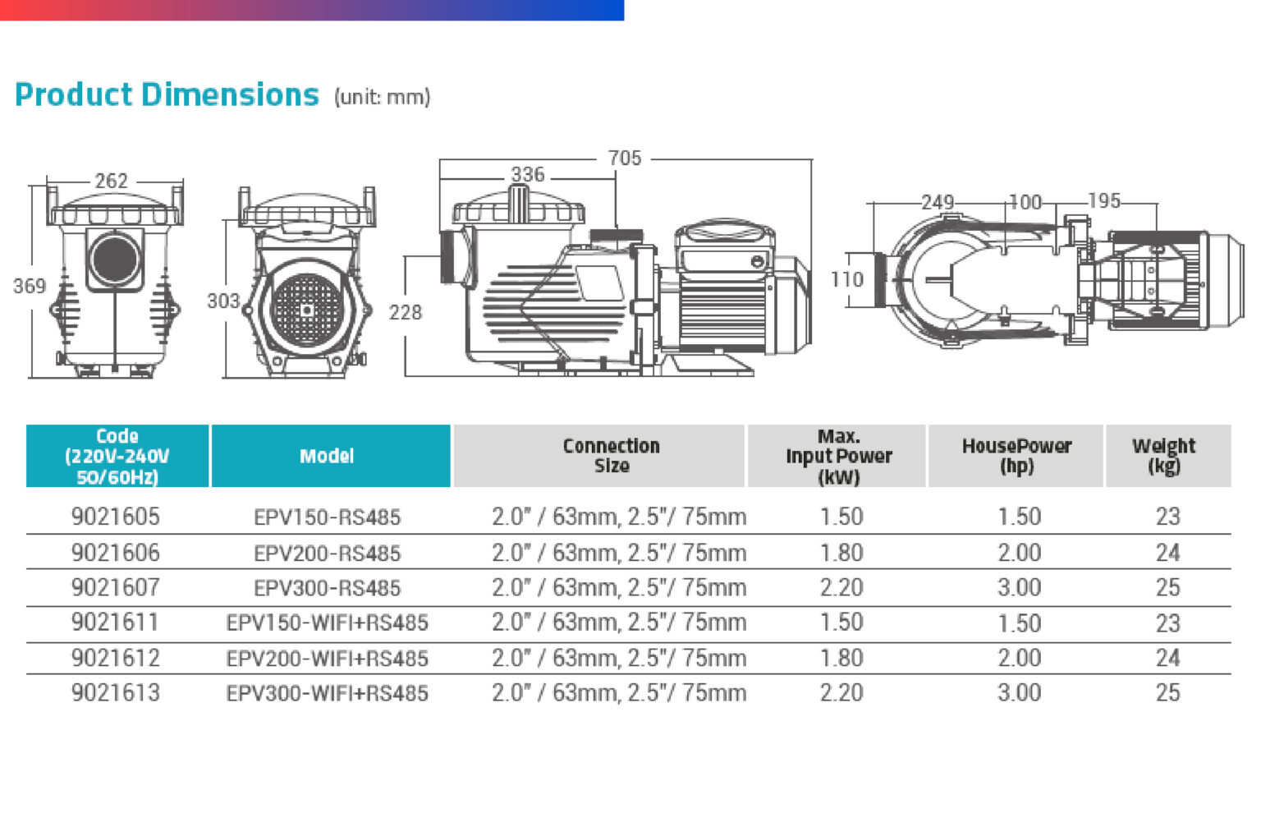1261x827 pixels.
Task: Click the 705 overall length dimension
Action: click(x=624, y=159)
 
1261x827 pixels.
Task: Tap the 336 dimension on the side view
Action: click(x=528, y=175)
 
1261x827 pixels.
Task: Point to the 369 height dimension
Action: click(x=30, y=286)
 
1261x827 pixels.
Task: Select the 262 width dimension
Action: click(x=111, y=181)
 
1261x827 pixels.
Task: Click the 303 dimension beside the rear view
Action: click(x=223, y=301)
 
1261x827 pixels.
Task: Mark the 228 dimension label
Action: click(x=406, y=312)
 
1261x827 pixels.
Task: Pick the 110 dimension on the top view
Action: click(x=847, y=279)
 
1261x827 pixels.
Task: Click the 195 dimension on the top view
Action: click(x=1104, y=201)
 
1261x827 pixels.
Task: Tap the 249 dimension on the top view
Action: click(x=938, y=202)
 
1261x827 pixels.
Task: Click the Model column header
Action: click(x=327, y=456)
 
